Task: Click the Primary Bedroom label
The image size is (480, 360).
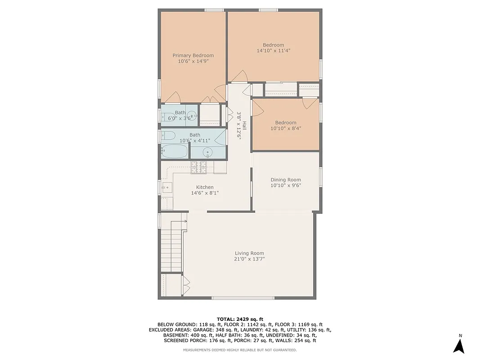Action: pos(193,55)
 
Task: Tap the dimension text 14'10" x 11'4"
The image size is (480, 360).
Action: pos(274,51)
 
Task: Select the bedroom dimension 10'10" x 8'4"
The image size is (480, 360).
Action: pos(286,128)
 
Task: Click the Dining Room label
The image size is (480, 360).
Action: pos(286,180)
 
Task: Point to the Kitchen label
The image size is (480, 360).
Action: pos(205,187)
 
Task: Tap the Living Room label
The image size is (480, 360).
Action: pos(249,253)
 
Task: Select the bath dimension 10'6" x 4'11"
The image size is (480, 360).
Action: pos(195,141)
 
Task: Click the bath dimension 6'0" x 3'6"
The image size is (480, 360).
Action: pos(180,118)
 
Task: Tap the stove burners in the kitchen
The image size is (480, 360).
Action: pos(198,167)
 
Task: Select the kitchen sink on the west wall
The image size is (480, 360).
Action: pos(166,187)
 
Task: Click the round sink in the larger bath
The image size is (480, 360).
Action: pos(207,152)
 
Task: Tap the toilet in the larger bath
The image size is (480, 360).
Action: pos(169,135)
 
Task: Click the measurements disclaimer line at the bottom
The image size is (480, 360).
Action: pos(240,350)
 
